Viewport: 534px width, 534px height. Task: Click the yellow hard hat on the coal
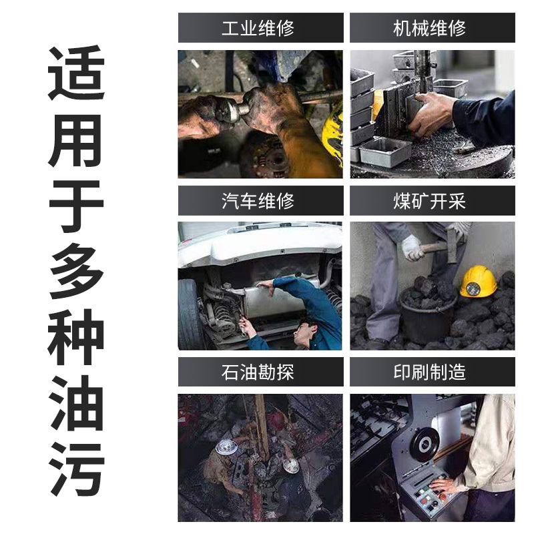(477, 281)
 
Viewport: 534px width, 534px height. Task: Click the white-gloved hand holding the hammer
(412, 248)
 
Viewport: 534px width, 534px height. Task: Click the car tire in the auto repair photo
(190, 314)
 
